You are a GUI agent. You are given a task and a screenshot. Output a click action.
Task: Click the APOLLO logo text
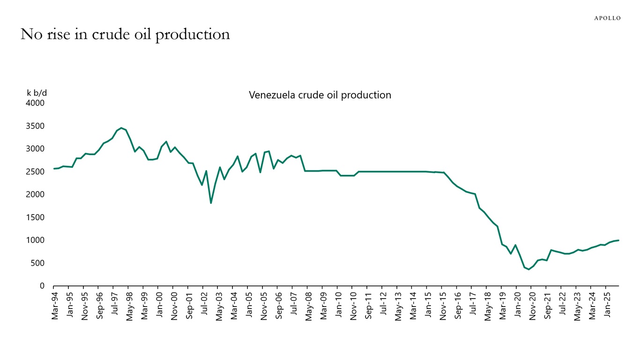[607, 18]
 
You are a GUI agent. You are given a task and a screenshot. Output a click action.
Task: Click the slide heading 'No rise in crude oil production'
[125, 34]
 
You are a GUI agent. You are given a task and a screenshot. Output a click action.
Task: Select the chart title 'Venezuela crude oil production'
[320, 95]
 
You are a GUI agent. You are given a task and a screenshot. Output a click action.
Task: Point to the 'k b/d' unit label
[37, 93]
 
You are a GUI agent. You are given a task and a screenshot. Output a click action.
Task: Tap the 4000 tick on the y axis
[35, 103]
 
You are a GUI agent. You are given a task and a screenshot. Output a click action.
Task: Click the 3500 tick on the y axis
[35, 126]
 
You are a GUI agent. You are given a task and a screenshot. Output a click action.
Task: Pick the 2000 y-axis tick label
[35, 195]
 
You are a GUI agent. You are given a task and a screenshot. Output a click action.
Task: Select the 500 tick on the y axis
[37, 263]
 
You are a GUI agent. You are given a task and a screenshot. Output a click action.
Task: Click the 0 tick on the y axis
[42, 286]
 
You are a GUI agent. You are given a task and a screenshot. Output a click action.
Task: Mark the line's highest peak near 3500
[121, 127]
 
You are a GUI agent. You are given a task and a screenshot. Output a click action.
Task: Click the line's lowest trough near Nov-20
[529, 269]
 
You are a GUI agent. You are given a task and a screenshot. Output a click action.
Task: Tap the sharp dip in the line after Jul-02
[211, 203]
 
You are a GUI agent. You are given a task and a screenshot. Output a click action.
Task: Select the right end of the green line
[618, 240]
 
